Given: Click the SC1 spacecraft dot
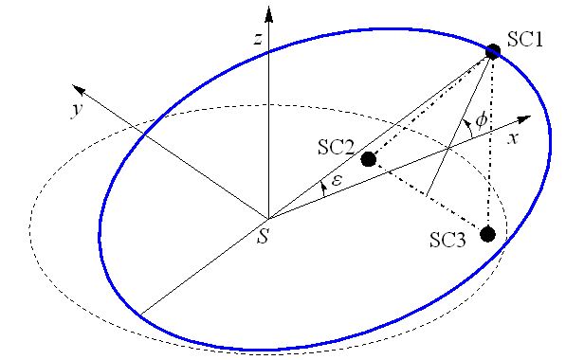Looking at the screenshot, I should tap(493, 50).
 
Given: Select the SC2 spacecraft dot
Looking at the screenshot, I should tap(369, 159).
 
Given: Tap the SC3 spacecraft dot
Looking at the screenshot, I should tap(488, 234).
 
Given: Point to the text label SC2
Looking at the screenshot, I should tap(336, 148).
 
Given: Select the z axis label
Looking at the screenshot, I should tap(257, 38).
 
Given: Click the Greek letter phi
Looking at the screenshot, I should tap(481, 119).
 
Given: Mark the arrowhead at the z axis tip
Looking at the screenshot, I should tap(270, 13).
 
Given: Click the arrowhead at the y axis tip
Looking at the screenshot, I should tap(81, 90).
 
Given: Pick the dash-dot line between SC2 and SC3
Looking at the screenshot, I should tap(427, 195).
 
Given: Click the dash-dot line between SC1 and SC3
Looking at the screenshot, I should tap(490, 142).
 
